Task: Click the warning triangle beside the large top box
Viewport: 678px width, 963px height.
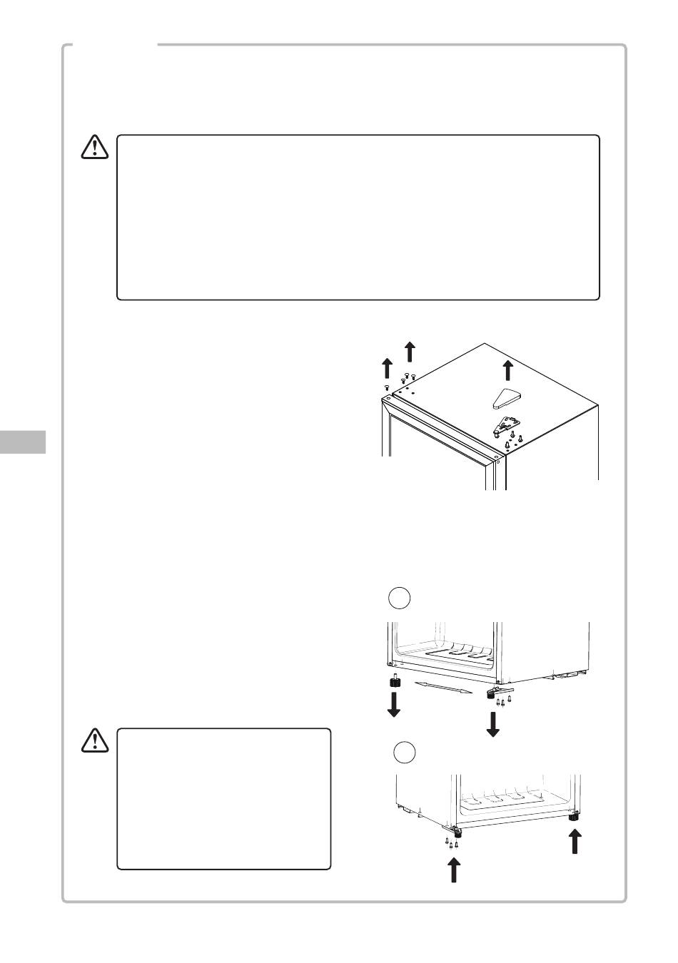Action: pos(93,146)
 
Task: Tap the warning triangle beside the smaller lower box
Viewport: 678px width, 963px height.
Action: pos(93,740)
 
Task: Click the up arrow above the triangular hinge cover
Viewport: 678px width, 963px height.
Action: pos(507,370)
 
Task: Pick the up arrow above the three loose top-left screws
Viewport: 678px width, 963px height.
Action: pos(410,351)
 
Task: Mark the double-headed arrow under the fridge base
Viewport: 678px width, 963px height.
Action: pos(442,687)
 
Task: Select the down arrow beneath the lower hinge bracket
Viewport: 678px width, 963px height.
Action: pos(493,723)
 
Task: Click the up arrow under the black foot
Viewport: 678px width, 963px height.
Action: pos(573,842)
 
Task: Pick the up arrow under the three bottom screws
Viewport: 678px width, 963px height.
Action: pos(453,870)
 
